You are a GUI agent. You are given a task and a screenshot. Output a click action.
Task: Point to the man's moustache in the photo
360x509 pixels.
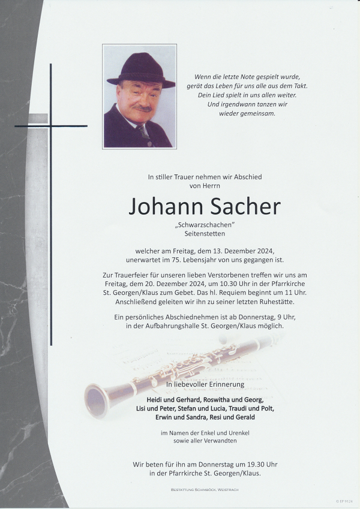click(x=142, y=108)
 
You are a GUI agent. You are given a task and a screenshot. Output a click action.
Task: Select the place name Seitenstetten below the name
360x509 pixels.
click(x=205, y=234)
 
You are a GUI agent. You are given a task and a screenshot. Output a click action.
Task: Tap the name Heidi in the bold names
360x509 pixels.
click(x=139, y=399)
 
